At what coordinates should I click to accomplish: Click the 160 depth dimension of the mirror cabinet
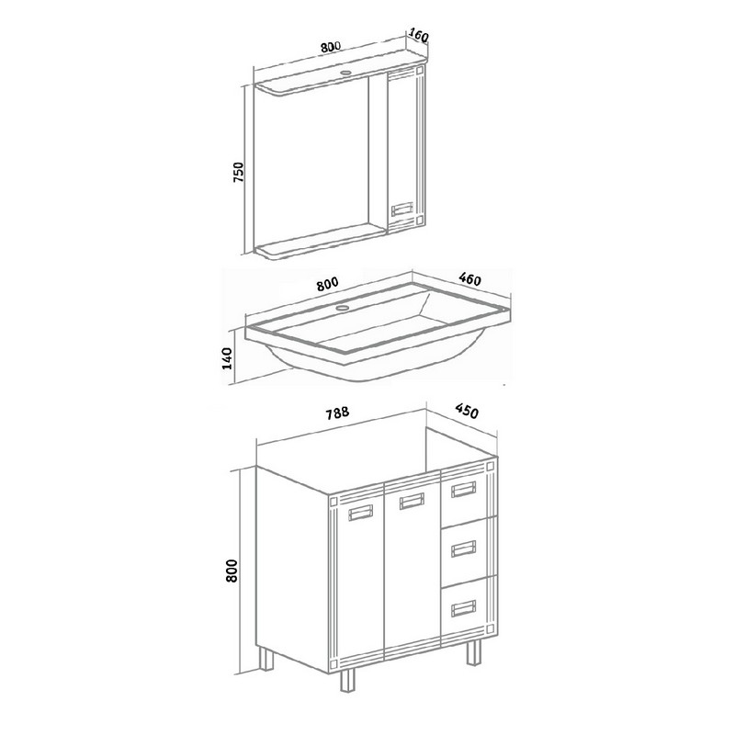tap(419, 35)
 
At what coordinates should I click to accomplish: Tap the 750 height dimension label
tap(239, 172)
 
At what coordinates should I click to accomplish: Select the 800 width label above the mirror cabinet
tap(331, 47)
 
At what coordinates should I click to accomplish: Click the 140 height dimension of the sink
tap(227, 358)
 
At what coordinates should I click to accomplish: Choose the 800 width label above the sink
tap(327, 284)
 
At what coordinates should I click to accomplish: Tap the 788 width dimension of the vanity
tap(337, 413)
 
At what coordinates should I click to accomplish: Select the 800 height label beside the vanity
tap(232, 570)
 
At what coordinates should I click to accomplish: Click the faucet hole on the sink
tap(344, 309)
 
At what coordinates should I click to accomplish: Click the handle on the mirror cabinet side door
tap(402, 209)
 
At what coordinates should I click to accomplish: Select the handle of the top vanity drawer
tap(464, 490)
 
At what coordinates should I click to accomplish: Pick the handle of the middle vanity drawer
tap(464, 548)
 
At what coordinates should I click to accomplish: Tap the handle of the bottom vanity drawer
tap(464, 608)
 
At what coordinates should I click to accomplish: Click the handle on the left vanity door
tap(361, 513)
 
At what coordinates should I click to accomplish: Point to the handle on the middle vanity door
tap(412, 502)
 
